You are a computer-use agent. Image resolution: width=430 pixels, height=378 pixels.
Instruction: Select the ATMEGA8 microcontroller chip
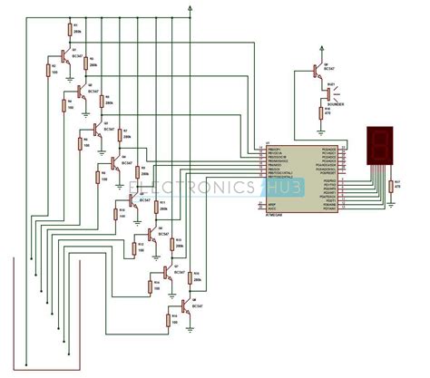coord(299,178)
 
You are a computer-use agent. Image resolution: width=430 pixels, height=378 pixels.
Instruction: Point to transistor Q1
coord(63,56)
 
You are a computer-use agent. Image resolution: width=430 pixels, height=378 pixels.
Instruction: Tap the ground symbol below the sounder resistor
coord(319,128)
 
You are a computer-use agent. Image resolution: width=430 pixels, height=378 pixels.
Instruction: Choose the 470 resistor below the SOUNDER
coord(319,111)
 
